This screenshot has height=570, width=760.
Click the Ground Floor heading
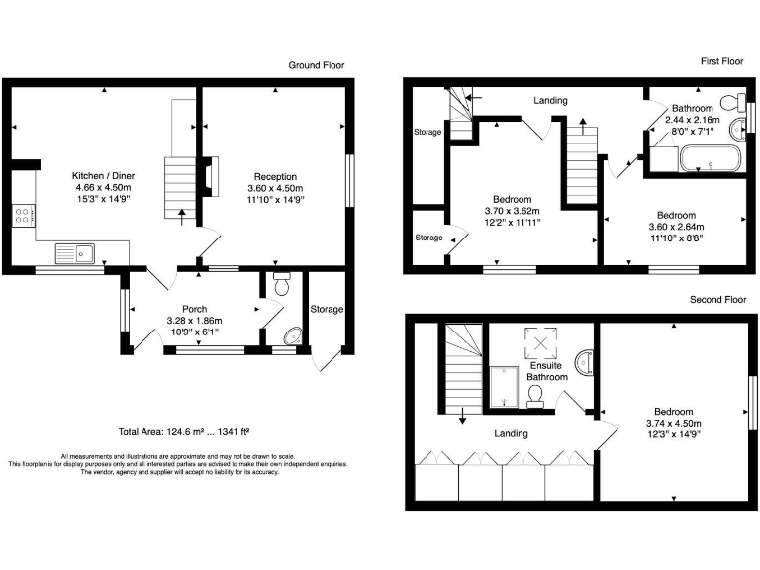[317, 65]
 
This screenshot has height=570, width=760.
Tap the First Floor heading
[721, 61]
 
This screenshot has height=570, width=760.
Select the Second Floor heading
[716, 298]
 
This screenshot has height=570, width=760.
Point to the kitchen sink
[75, 253]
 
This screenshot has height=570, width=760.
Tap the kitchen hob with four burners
[22, 216]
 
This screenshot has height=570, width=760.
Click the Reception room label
[275, 175]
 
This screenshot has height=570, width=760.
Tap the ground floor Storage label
[326, 310]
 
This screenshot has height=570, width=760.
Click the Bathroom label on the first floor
[693, 108]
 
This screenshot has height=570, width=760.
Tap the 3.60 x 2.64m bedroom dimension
[676, 227]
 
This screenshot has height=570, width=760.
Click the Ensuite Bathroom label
[546, 371]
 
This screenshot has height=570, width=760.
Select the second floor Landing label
[512, 433]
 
